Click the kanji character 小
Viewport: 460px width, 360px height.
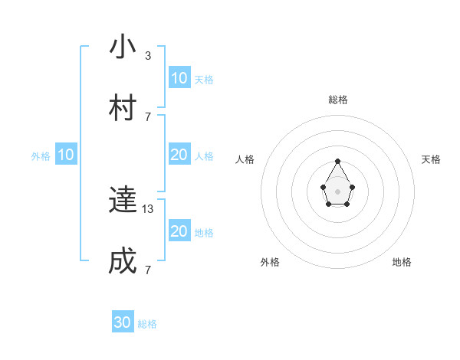123,48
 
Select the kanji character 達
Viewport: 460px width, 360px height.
123,201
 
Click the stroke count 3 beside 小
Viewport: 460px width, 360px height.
147,56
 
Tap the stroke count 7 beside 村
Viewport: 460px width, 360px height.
147,116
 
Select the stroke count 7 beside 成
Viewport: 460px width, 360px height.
147,270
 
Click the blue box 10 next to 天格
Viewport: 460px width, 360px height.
179,78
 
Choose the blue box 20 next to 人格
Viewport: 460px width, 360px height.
179,155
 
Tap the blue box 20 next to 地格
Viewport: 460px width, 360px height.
179,231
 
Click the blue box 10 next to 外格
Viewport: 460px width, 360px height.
66,155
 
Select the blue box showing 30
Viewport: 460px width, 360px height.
123,322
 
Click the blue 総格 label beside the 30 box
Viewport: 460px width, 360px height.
147,324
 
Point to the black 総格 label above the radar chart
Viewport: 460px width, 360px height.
337,100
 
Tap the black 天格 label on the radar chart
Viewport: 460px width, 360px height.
431,159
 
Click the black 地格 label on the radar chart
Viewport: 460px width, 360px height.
402,262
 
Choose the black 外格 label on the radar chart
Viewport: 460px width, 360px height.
270,262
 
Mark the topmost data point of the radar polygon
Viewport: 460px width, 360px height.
337,161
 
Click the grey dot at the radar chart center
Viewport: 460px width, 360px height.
337,191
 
